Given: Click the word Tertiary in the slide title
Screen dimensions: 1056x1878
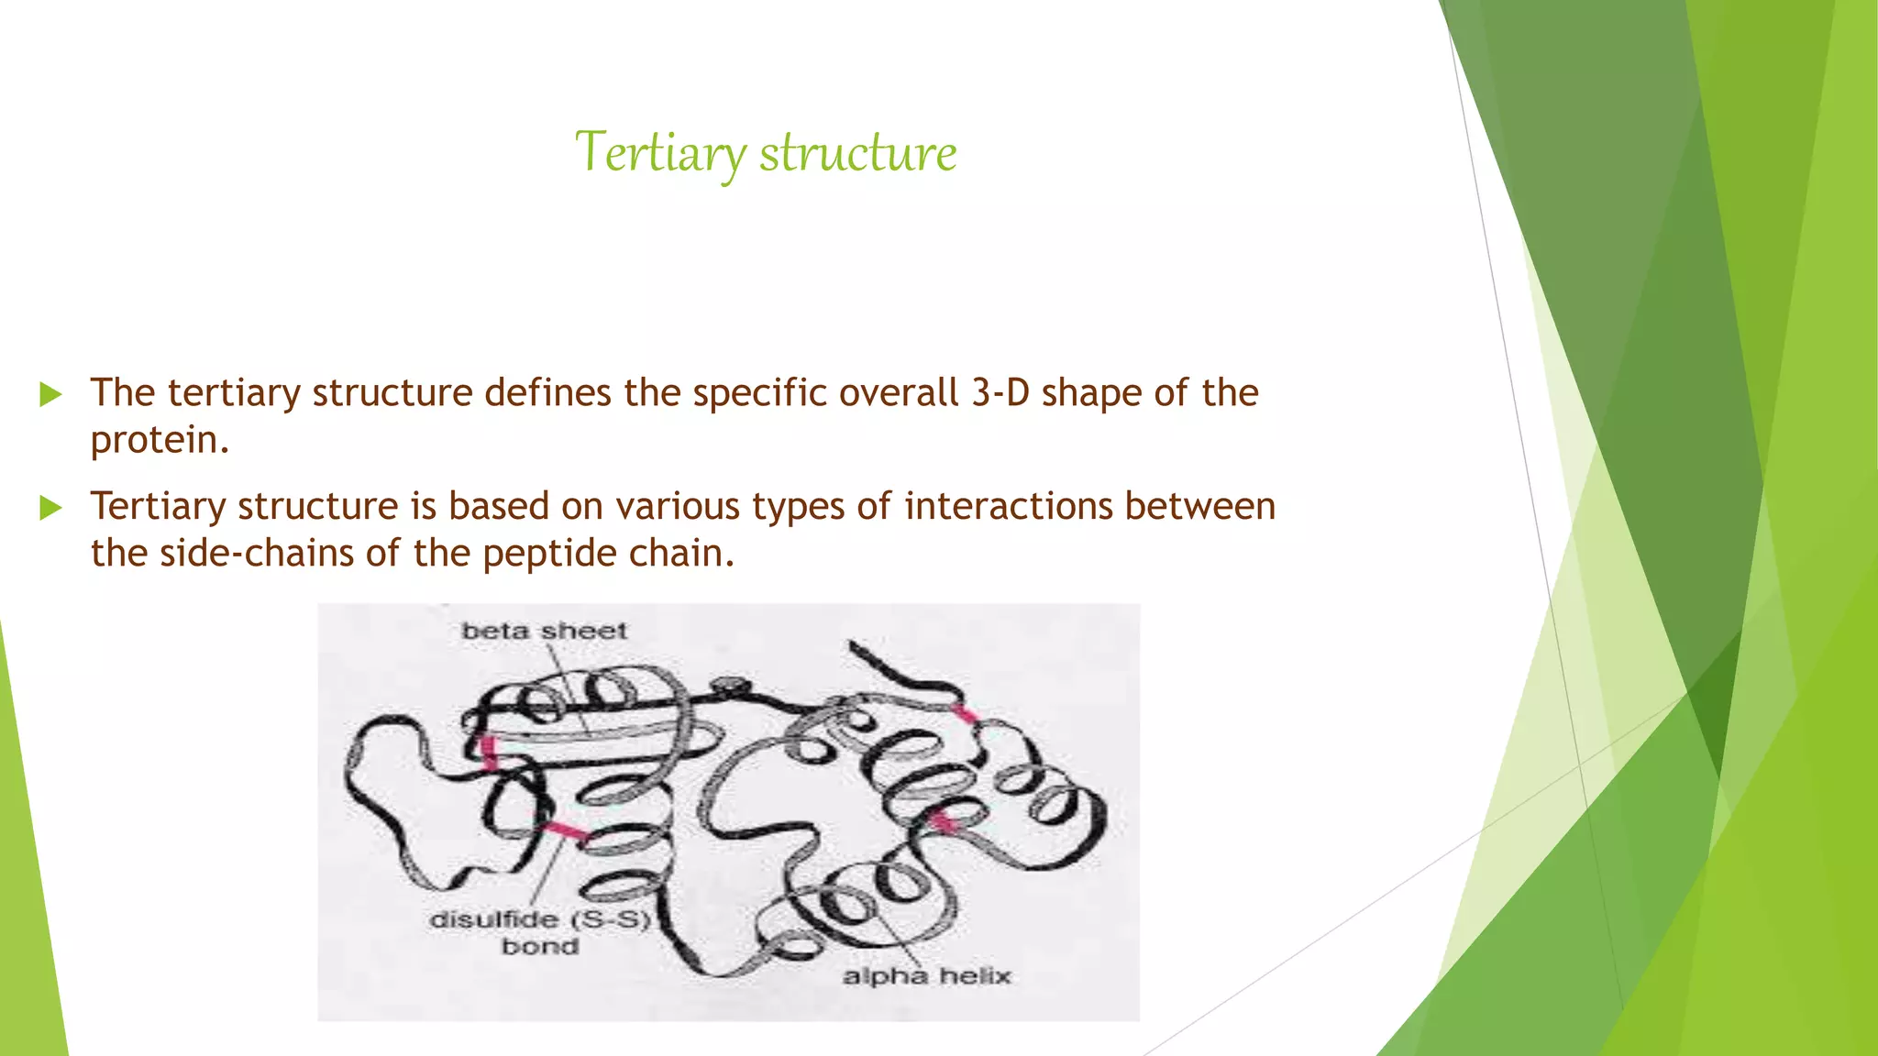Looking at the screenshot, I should point(658,152).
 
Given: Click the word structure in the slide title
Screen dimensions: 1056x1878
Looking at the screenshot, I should point(857,152).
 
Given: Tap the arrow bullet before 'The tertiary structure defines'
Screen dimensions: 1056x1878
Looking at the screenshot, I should point(50,395).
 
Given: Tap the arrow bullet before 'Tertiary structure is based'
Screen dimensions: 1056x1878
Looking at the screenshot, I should point(50,508).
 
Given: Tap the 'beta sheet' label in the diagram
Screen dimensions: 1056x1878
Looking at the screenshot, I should point(544,631).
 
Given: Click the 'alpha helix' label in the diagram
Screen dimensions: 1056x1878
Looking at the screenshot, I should point(926,976).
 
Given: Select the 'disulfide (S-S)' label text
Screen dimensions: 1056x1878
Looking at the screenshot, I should point(539,919).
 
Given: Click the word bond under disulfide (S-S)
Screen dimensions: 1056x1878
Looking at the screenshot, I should point(540,946).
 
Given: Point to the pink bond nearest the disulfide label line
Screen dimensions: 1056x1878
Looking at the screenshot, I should point(565,831).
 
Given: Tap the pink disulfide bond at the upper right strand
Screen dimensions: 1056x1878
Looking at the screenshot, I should point(964,714).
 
